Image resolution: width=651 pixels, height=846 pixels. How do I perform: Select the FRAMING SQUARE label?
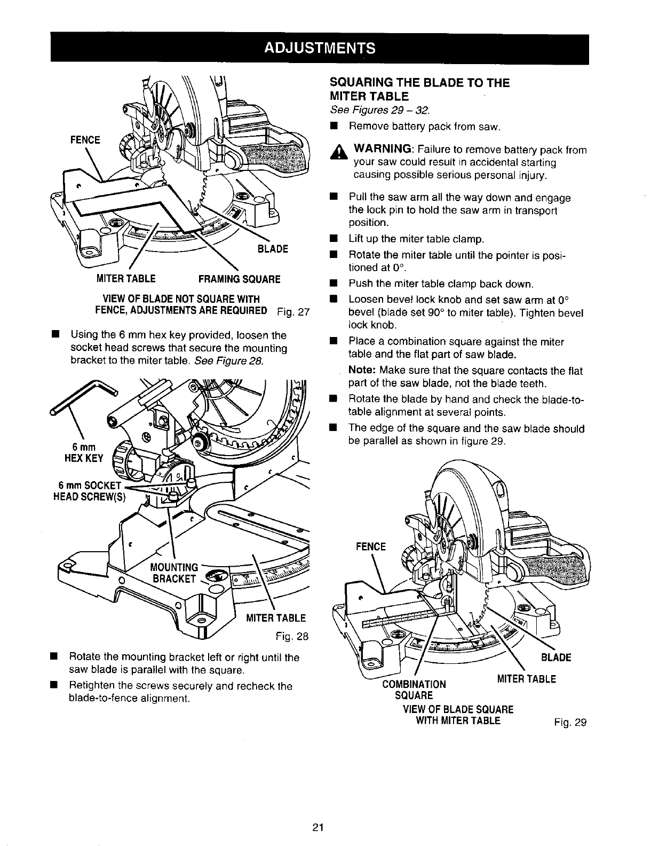(x=239, y=279)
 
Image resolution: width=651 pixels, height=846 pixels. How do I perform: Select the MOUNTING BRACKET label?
(x=174, y=573)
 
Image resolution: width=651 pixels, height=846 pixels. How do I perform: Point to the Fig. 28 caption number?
(x=292, y=637)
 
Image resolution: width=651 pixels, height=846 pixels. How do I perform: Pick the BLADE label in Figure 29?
(x=555, y=657)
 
